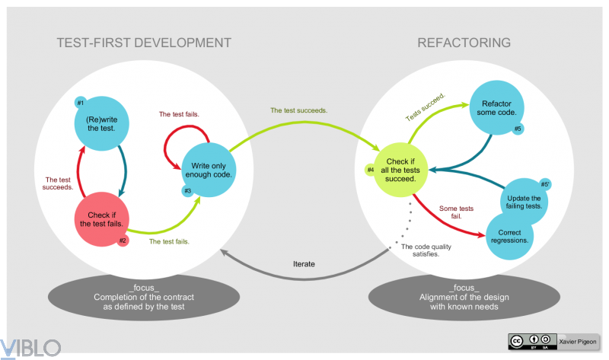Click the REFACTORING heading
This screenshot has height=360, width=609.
pos(464,43)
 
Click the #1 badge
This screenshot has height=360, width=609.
pos(81,103)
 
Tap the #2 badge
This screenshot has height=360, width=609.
pos(123,241)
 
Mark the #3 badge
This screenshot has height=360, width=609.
pos(186,190)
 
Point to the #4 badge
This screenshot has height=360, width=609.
pos(371,169)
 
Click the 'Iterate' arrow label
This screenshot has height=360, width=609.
pos(304,264)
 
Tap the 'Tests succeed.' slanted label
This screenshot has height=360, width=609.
pos(425,107)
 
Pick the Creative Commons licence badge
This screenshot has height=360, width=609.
pos(532,340)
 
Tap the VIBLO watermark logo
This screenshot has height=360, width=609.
pos(31,348)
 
